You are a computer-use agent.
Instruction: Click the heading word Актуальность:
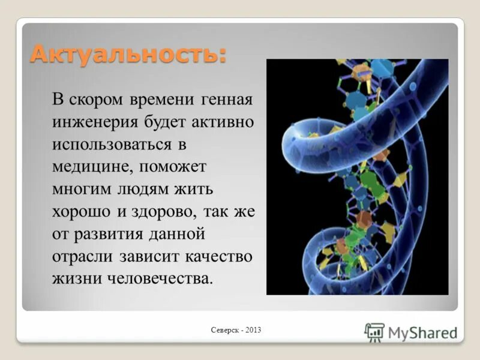[128, 55]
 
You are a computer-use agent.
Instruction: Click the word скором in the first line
[97, 99]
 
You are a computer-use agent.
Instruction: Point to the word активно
[224, 122]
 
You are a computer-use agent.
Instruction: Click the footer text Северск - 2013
[236, 330]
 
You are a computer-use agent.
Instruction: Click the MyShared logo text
[422, 332]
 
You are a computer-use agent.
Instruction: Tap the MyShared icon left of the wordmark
[374, 332]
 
